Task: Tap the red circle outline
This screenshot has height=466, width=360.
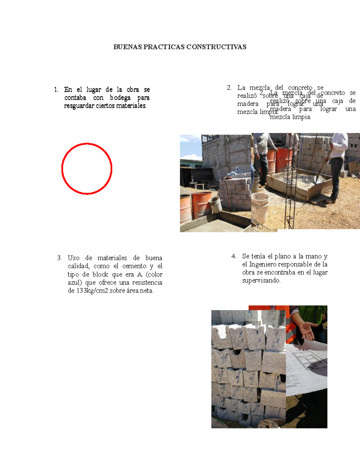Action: pos(62,169)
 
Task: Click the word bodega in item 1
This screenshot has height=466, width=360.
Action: pos(120,98)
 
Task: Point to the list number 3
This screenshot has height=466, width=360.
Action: pos(59,258)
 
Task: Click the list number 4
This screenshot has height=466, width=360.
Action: pos(234,256)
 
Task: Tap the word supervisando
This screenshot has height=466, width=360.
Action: pos(261,281)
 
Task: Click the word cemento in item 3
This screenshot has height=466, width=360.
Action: pos(134,266)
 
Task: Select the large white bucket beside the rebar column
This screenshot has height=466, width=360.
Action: pos(260,207)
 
